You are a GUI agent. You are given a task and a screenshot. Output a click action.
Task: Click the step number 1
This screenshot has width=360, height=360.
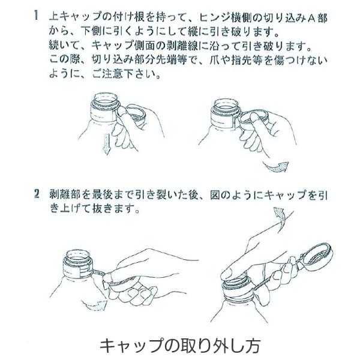coord(36,16)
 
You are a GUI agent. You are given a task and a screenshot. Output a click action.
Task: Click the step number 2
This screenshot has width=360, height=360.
coord(37,194)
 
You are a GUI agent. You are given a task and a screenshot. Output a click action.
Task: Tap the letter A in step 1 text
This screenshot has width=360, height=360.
coord(311,18)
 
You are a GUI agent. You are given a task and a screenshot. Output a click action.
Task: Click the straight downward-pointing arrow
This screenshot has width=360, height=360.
coord(106,144)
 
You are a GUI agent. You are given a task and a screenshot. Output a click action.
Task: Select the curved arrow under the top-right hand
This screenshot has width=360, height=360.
coord(277,167)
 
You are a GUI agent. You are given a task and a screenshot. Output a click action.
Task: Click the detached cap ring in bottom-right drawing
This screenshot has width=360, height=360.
coord(318,256)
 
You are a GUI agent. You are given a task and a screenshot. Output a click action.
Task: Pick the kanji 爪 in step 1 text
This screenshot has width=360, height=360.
coord(215,60)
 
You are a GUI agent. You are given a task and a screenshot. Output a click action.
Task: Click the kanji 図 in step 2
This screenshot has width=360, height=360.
coord(215,195)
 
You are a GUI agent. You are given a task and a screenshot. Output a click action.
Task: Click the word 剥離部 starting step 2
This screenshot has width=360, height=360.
coord(65,195)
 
